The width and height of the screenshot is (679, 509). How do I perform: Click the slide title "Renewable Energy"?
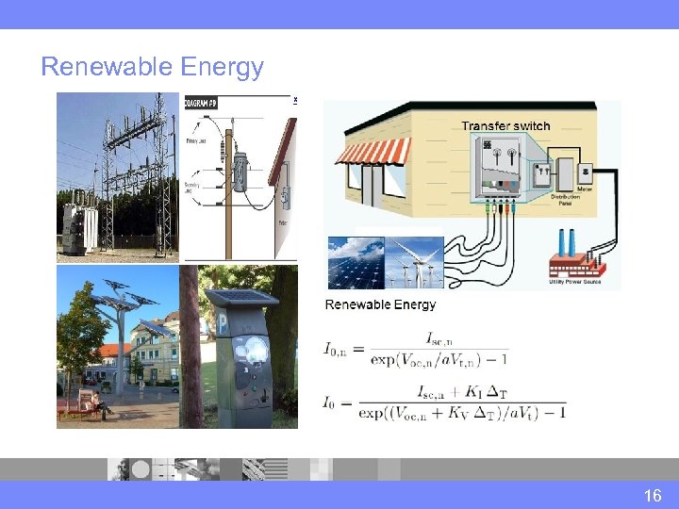click(x=152, y=67)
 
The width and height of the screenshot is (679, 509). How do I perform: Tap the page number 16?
click(x=653, y=495)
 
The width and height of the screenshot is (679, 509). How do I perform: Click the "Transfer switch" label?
click(x=505, y=125)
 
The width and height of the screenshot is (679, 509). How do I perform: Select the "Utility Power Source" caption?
click(x=576, y=281)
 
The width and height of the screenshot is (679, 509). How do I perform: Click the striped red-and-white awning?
click(x=374, y=151)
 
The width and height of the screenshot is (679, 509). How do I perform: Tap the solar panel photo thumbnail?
click(x=356, y=262)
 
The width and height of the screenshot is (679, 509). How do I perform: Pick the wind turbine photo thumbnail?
click(x=414, y=262)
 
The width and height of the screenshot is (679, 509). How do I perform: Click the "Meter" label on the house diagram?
click(x=585, y=188)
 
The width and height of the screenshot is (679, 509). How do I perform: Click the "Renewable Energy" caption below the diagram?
click(x=380, y=304)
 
